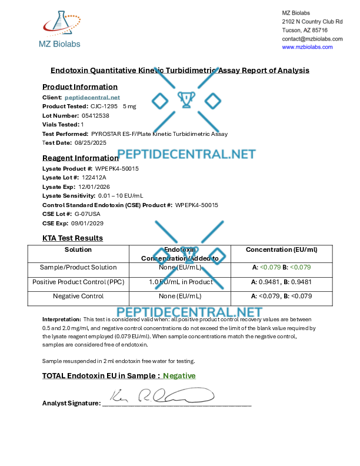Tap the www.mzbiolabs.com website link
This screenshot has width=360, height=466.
point(307,47)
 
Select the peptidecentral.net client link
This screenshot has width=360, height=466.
point(92,97)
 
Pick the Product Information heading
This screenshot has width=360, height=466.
point(80,87)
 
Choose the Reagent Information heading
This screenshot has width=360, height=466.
point(81,158)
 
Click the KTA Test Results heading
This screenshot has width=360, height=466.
point(72,238)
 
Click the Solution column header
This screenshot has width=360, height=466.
point(78,249)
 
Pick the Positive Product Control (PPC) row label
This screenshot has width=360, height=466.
point(78,281)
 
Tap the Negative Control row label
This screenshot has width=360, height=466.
point(78,296)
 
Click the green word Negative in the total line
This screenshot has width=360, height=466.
point(179,375)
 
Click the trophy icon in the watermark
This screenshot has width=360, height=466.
point(186,101)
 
